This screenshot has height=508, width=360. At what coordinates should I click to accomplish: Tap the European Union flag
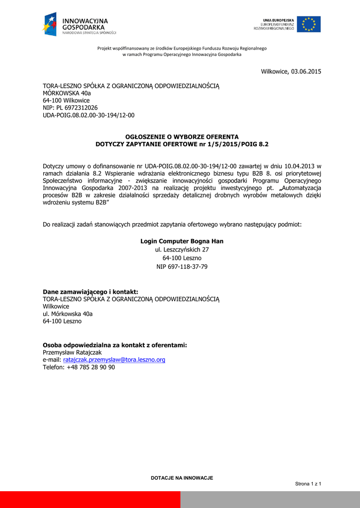308,24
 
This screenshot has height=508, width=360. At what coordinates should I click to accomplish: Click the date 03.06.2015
306,71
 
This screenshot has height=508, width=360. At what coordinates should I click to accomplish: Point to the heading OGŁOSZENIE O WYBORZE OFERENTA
182,136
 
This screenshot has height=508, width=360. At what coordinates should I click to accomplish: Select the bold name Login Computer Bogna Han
182,241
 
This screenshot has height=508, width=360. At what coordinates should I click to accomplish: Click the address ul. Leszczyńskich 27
182,250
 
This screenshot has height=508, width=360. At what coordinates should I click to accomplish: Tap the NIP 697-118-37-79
182,266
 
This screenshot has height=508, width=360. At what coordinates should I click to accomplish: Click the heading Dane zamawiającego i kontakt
90,292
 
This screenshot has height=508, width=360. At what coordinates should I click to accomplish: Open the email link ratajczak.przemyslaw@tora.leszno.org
114,360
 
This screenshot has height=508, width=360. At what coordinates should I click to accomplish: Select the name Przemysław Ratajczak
72,352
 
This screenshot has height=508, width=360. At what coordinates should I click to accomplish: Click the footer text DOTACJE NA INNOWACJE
182,478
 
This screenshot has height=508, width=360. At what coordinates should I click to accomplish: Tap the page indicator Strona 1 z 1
308,484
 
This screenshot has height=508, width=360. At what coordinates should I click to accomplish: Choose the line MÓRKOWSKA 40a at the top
67,93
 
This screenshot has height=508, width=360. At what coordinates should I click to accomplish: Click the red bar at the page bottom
89,500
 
